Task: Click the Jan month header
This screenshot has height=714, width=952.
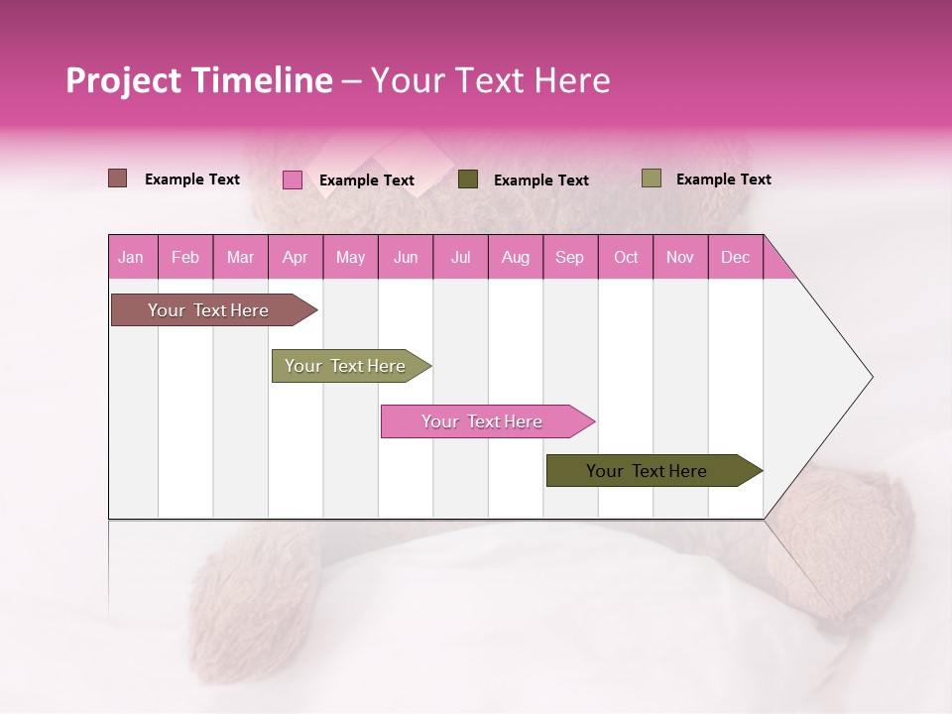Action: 131,257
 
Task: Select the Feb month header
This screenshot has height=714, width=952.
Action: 185,257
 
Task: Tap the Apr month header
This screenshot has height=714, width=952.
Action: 295,257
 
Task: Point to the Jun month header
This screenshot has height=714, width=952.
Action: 406,257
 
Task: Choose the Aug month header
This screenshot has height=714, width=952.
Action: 515,257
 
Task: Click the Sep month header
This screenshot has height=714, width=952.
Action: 569,257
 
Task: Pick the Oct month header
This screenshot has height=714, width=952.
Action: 626,257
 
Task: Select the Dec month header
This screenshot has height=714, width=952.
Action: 735,257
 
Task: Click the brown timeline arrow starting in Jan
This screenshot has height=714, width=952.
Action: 208,310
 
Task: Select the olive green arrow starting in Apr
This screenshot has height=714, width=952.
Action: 345,366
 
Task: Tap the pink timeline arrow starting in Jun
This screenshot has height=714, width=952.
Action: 482,421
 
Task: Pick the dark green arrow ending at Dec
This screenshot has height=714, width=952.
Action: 647,471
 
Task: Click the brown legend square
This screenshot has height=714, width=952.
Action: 118,178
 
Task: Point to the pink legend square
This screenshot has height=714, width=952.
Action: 293,179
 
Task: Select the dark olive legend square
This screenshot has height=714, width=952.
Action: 468,178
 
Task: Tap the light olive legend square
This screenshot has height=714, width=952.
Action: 652,178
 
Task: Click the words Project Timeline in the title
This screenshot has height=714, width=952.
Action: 198,80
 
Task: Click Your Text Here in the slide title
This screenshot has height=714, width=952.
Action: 490,80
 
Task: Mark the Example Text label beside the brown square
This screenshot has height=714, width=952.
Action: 192,179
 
